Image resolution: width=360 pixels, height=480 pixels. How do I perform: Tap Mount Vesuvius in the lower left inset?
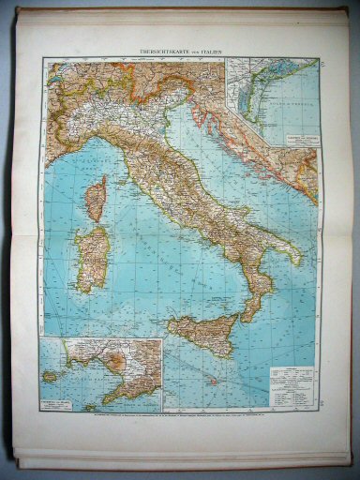(118, 360)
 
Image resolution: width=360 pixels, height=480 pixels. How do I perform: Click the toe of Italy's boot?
(246, 314)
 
